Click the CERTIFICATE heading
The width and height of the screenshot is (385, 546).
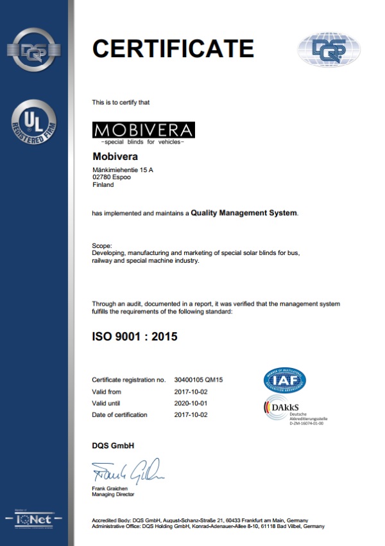(173, 48)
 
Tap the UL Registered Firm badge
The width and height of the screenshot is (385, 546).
(34, 123)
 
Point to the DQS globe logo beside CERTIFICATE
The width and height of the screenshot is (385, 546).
(329, 50)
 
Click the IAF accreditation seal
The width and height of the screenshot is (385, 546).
(285, 380)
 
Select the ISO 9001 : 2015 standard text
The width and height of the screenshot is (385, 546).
(135, 336)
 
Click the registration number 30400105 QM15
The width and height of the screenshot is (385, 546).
(198, 380)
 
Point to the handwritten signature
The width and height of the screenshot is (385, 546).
(128, 473)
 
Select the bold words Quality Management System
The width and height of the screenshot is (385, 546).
(244, 213)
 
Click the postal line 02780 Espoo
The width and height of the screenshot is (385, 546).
(112, 177)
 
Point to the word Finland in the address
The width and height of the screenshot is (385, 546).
(103, 184)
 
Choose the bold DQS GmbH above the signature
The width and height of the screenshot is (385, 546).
(113, 446)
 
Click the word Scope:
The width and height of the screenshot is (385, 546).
(102, 245)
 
